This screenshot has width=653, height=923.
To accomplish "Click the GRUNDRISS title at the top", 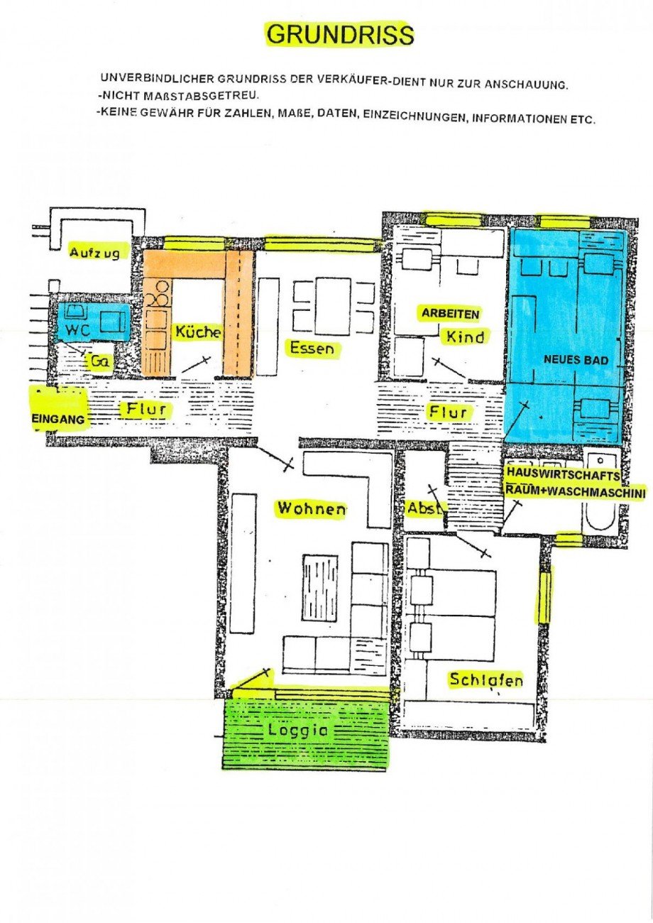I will [339, 34].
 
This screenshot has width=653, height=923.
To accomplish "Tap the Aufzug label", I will [99, 251].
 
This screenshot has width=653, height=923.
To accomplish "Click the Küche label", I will [198, 332].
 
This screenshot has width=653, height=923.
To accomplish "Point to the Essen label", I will [311, 348].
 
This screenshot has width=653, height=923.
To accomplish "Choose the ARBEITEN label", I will [451, 313].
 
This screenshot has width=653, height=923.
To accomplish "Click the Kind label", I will [465, 337].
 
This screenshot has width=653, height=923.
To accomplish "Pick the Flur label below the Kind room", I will [448, 412].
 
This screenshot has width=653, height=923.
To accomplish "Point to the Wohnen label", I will [311, 508].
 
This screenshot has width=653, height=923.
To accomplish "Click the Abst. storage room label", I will [424, 508].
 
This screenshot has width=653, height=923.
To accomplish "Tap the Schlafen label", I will [486, 679].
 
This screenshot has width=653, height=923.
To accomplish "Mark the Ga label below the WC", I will [99, 361].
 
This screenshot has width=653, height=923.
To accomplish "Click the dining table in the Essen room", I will [333, 306].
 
